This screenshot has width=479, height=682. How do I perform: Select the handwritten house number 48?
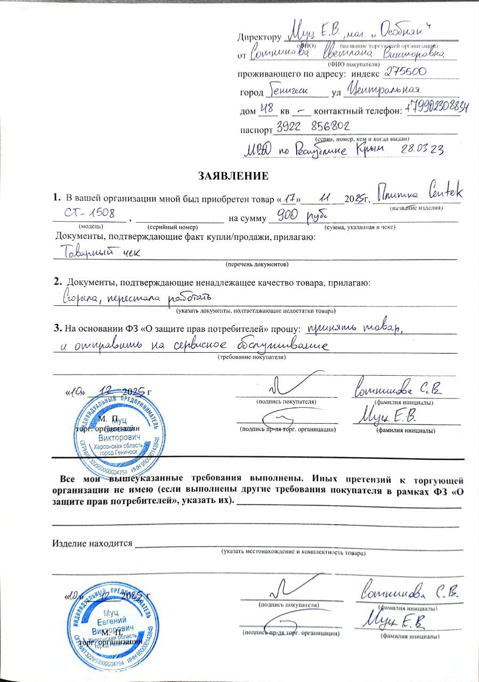(265, 109)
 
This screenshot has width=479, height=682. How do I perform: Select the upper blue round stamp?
(112, 428)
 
